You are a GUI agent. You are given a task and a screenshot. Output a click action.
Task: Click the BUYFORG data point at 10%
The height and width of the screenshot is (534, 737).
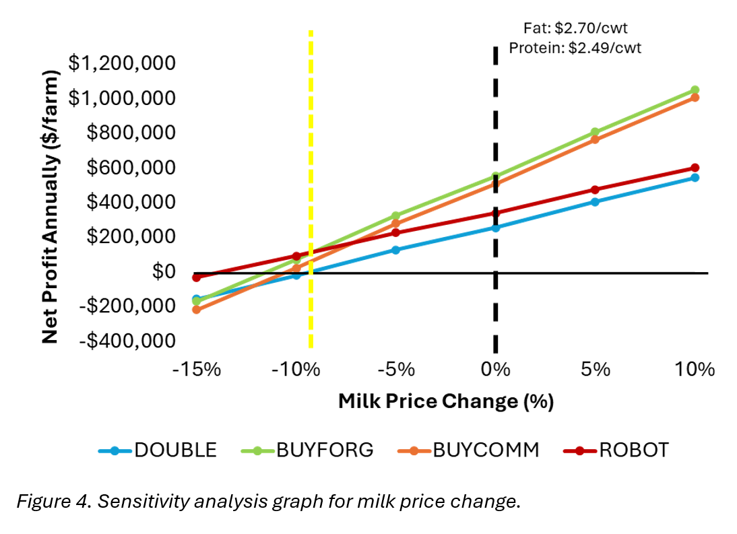click(x=695, y=90)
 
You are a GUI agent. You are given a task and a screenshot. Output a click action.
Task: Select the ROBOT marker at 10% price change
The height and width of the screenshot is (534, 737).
click(x=695, y=168)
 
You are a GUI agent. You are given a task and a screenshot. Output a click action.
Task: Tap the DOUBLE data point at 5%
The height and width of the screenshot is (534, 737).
click(x=595, y=202)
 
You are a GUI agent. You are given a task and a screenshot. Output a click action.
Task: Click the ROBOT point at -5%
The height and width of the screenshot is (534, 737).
click(x=395, y=233)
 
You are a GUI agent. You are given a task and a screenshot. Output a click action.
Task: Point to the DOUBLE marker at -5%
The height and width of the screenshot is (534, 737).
click(x=395, y=250)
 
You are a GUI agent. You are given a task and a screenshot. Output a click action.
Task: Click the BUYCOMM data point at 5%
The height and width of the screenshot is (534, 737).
click(x=595, y=139)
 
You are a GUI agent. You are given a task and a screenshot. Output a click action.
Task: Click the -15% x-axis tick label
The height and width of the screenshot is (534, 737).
click(x=197, y=370)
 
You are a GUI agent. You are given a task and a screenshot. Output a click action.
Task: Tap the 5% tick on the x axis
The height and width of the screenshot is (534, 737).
click(x=595, y=370)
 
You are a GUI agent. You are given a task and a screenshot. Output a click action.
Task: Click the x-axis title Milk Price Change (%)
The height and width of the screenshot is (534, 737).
click(x=445, y=402)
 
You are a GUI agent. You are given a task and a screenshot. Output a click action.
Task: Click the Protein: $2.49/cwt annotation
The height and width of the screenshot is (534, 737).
click(x=575, y=48)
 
